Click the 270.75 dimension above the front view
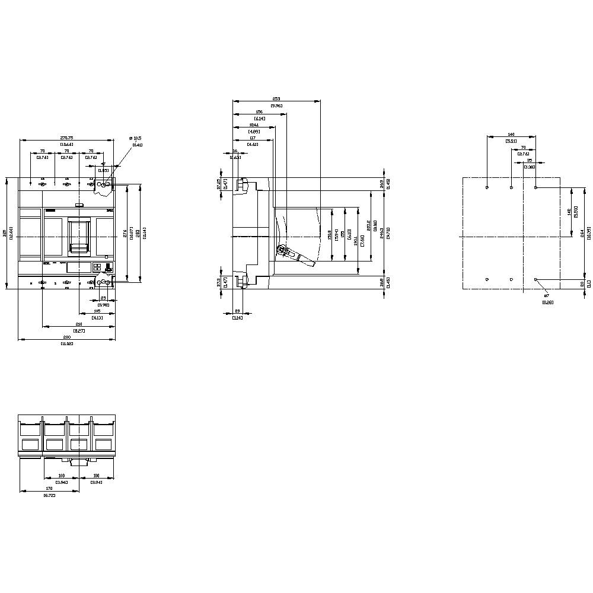(x=66, y=138)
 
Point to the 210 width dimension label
(x=78, y=324)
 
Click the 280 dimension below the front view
(x=66, y=337)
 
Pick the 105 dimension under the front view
(x=97, y=311)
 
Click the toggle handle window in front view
(x=79, y=235)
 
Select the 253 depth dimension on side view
(x=276, y=98)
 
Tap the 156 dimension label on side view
(x=259, y=111)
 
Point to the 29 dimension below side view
(x=238, y=311)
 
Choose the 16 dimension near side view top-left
(x=235, y=151)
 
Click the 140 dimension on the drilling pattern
(x=511, y=134)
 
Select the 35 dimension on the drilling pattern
(x=529, y=161)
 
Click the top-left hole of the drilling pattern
(x=487, y=187)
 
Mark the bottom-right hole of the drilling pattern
(x=535, y=279)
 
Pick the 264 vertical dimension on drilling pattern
(x=583, y=234)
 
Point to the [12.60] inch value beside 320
(x=12, y=234)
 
